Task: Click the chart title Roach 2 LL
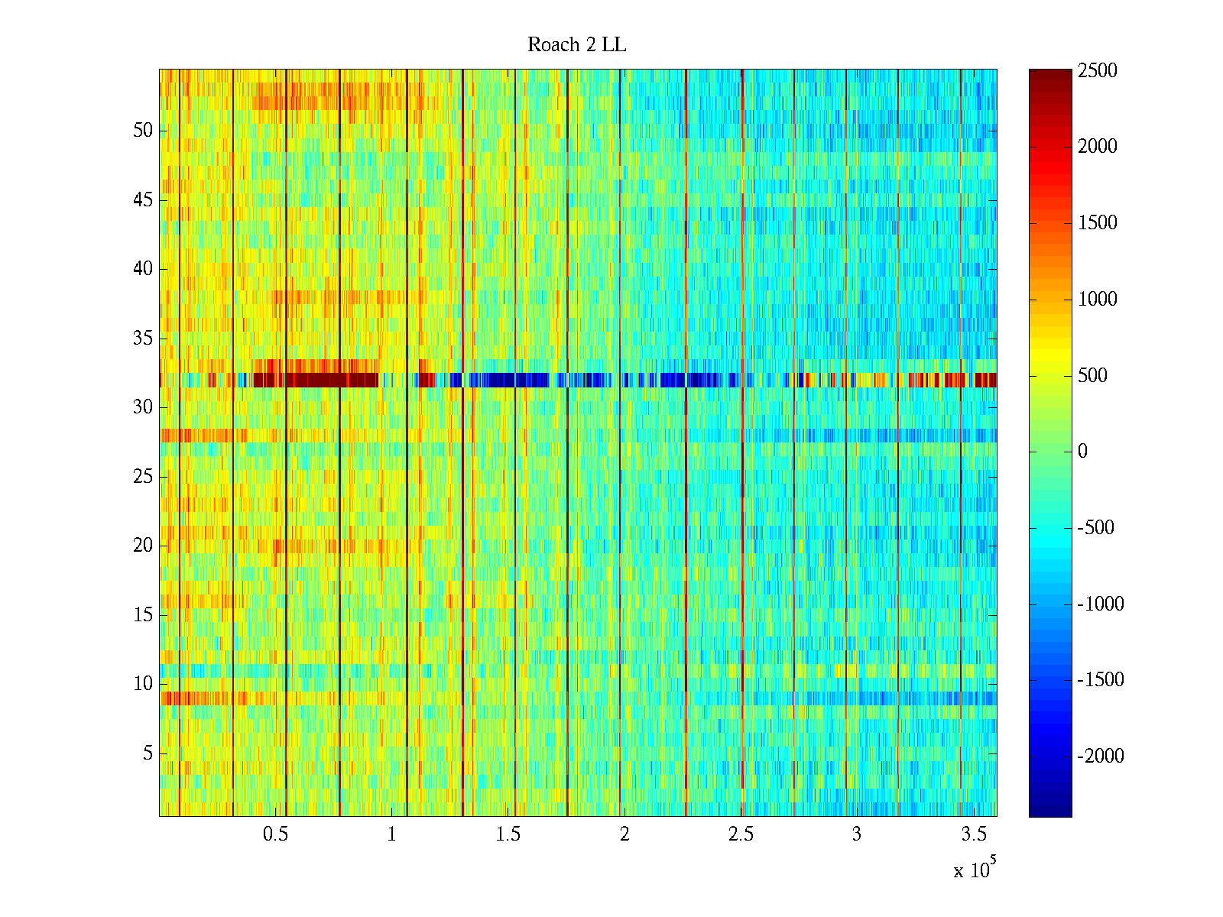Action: click(576, 45)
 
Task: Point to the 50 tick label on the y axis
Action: click(143, 131)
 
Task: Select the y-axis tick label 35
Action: click(143, 339)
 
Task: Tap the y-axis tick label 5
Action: click(148, 753)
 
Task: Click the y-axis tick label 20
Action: click(143, 546)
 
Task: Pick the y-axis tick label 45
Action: click(143, 200)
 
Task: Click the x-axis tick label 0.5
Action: click(276, 834)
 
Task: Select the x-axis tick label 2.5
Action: click(741, 834)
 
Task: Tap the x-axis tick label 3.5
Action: click(973, 834)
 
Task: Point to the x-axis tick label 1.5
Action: click(508, 834)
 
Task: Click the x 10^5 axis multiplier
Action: click(974, 870)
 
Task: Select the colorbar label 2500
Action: click(1098, 71)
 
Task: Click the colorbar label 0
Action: click(1082, 452)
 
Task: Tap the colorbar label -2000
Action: click(1101, 757)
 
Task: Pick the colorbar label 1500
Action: click(1098, 223)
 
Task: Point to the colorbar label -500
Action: click(1096, 528)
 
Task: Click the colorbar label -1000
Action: click(1101, 604)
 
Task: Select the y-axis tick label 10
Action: click(143, 684)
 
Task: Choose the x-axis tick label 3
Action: click(857, 834)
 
